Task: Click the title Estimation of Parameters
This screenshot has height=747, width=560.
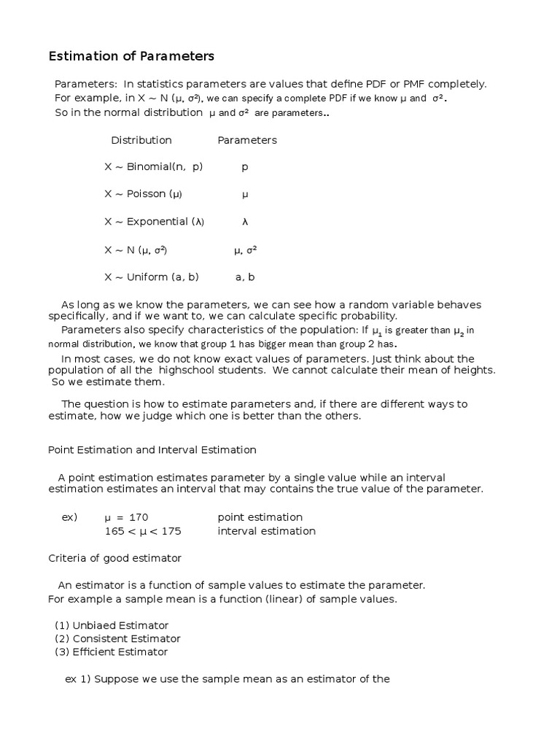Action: click(131, 56)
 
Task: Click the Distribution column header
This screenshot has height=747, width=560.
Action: click(141, 140)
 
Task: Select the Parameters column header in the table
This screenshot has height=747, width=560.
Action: click(247, 140)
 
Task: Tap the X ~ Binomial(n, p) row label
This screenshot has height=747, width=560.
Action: click(154, 167)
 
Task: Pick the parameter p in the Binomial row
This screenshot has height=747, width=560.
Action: click(245, 167)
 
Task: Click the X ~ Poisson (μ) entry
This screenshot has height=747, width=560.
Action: click(144, 195)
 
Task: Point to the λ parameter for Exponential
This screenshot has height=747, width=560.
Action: click(245, 222)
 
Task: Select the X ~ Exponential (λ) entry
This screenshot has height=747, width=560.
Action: click(155, 222)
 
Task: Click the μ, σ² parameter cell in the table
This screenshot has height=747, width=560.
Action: click(245, 250)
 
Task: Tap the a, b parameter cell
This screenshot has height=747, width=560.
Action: click(245, 277)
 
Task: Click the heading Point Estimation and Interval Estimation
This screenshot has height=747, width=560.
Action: click(152, 450)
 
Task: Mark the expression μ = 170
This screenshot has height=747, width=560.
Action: click(126, 517)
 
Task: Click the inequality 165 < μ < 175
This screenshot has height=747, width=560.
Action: click(143, 531)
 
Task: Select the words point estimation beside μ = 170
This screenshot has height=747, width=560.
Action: click(260, 517)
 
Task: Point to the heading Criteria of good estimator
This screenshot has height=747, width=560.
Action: click(114, 558)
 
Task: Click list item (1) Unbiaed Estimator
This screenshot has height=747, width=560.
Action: click(112, 625)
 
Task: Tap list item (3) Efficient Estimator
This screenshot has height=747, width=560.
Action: click(112, 651)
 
